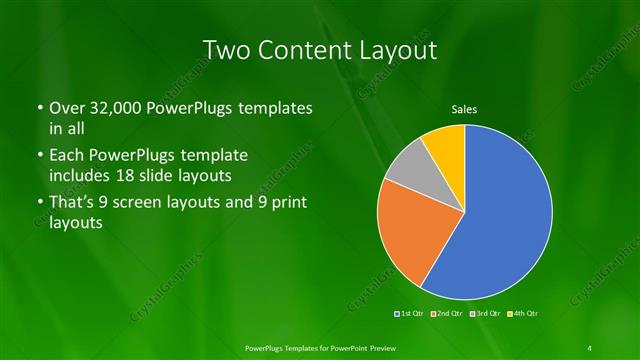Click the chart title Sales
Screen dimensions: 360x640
tap(465, 109)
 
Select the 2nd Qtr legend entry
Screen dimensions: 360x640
tap(446, 314)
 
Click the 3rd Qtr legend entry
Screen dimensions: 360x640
tap(483, 314)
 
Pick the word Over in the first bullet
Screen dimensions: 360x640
tap(68, 107)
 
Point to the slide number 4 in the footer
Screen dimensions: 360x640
tap(590, 347)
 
